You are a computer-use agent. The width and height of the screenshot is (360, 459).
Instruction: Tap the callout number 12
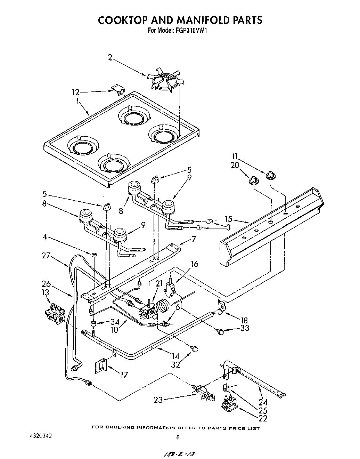coord(75,92)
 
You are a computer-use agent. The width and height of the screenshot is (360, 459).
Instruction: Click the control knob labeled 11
coord(270,176)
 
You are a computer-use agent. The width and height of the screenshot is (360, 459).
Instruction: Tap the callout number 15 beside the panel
coord(228,219)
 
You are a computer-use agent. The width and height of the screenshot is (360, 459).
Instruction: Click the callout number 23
coord(159,400)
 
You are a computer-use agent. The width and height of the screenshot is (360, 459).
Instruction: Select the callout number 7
coord(194,239)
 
